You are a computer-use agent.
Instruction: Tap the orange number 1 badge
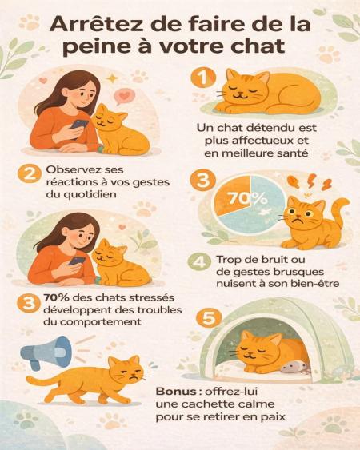click(203, 78)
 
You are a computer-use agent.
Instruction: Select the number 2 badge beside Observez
click(29, 174)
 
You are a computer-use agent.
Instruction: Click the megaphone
click(46, 352)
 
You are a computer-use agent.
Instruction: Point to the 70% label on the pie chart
click(247, 198)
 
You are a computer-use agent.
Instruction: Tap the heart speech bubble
click(123, 97)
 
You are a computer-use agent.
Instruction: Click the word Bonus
click(174, 391)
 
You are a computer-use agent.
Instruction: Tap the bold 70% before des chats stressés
click(56, 297)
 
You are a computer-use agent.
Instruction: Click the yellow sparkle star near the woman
click(111, 78)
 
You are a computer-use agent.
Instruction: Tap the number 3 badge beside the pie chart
click(203, 181)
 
